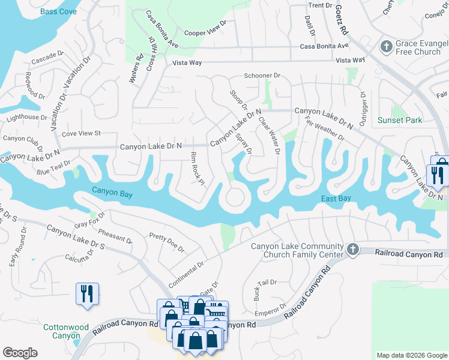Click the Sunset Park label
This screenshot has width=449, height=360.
coord(400,120)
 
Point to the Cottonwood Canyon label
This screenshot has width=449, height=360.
coord(67,332)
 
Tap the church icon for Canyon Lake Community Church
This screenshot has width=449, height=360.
coord(353,249)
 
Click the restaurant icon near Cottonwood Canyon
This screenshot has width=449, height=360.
coord(87,293)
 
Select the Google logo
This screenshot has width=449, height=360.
coord(20,352)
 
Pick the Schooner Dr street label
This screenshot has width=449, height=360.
coord(262,76)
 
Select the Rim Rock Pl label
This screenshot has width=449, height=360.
coord(197,169)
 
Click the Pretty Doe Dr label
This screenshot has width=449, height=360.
coord(166,243)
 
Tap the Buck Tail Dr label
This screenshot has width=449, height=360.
coord(264,290)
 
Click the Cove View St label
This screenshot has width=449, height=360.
coord(81,133)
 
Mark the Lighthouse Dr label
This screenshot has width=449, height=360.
coord(26,118)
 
